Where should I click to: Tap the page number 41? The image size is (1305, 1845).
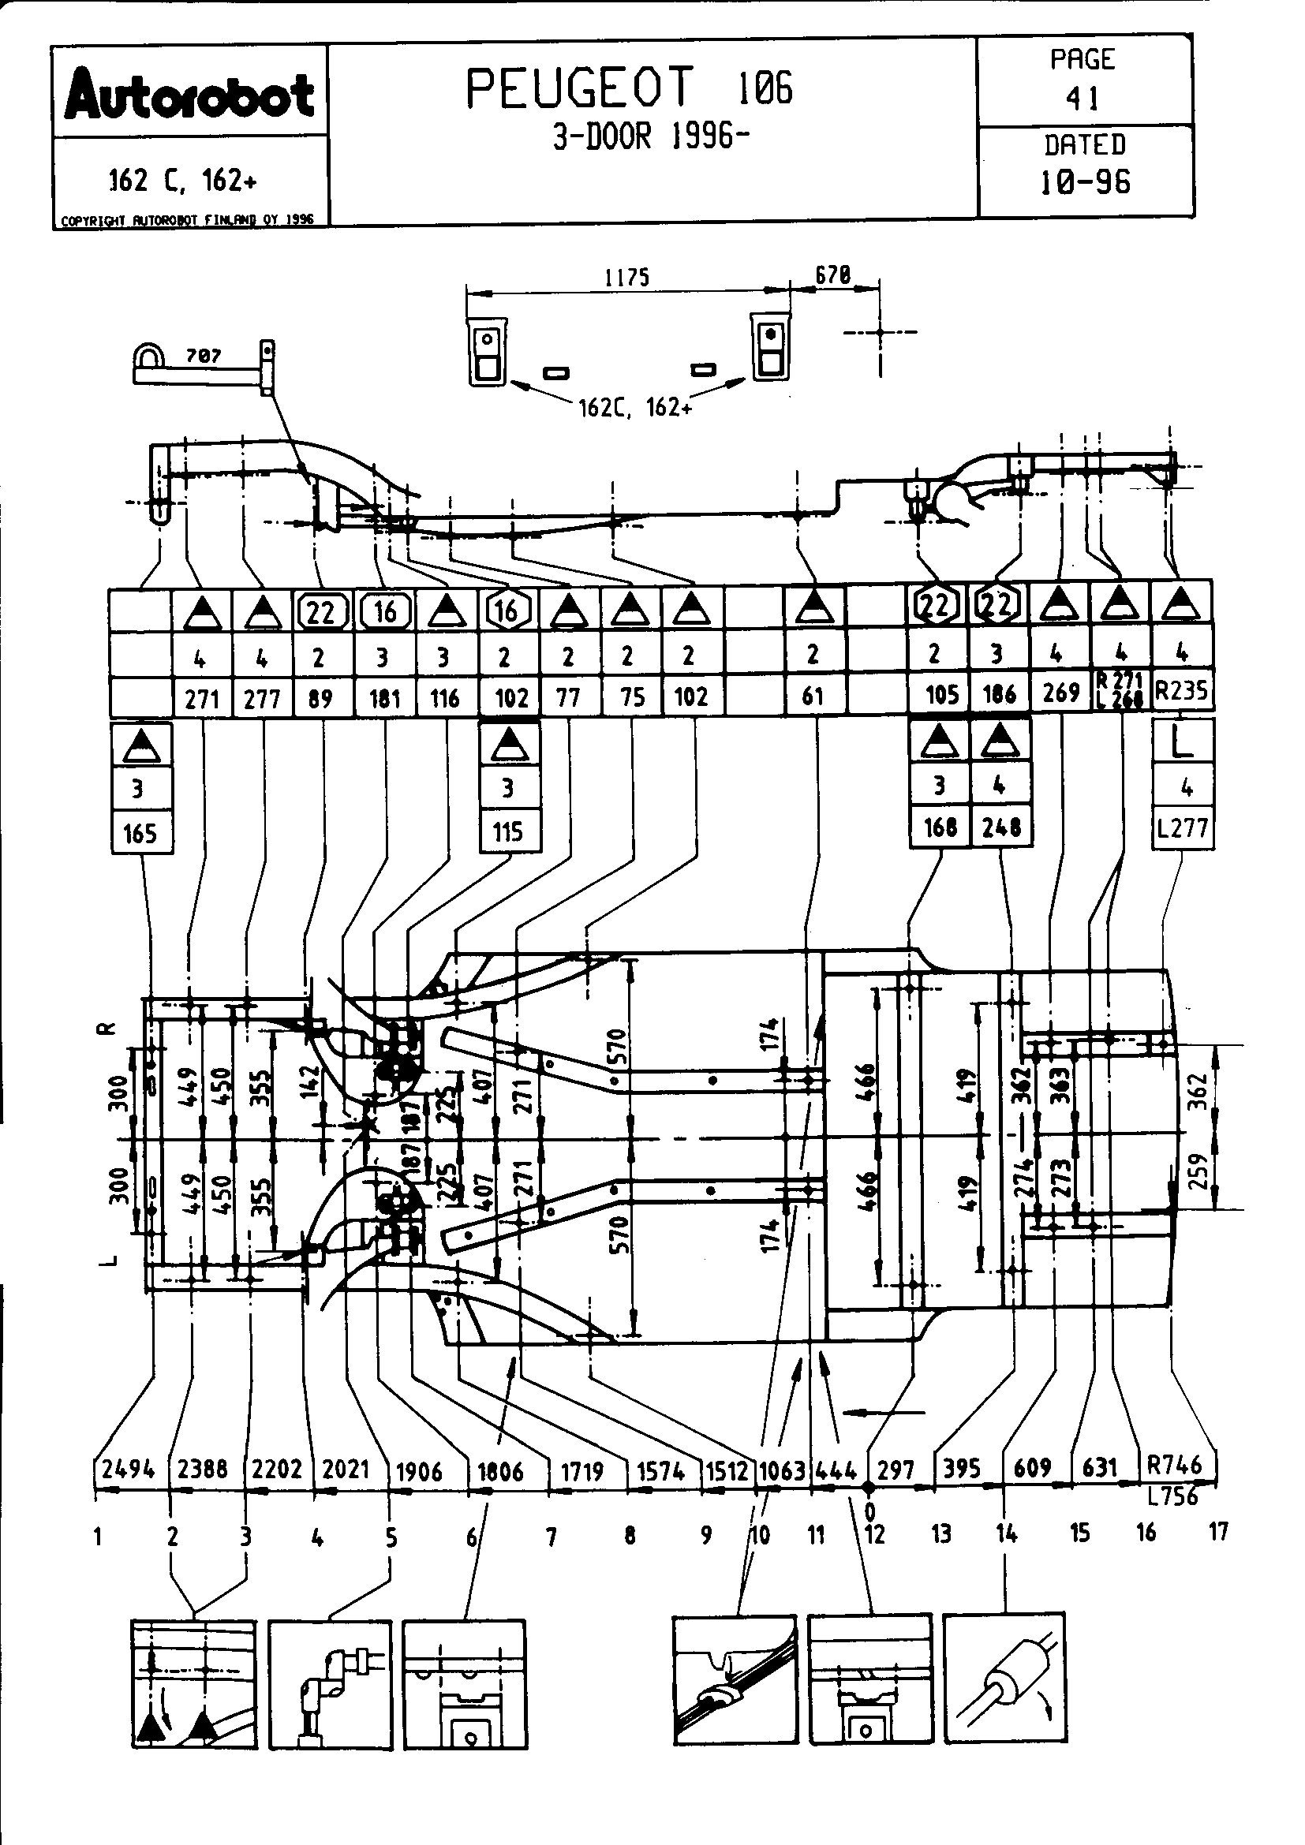tap(1083, 98)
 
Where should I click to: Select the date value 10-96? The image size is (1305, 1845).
tap(1085, 182)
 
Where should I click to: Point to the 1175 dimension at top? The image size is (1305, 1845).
tap(626, 278)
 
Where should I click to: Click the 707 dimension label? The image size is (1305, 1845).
tap(204, 355)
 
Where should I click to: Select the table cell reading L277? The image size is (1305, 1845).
tap(1182, 828)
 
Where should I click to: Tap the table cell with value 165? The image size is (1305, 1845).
tap(140, 833)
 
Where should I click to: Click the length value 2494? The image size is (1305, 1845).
tap(128, 1470)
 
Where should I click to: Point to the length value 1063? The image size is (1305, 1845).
tap(782, 1471)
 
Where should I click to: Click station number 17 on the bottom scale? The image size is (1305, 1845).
tap(1218, 1532)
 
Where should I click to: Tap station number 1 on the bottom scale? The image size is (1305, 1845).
tap(97, 1537)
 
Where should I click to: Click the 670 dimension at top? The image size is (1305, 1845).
tap(832, 275)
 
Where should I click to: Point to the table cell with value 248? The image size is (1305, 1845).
tap(1000, 827)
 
